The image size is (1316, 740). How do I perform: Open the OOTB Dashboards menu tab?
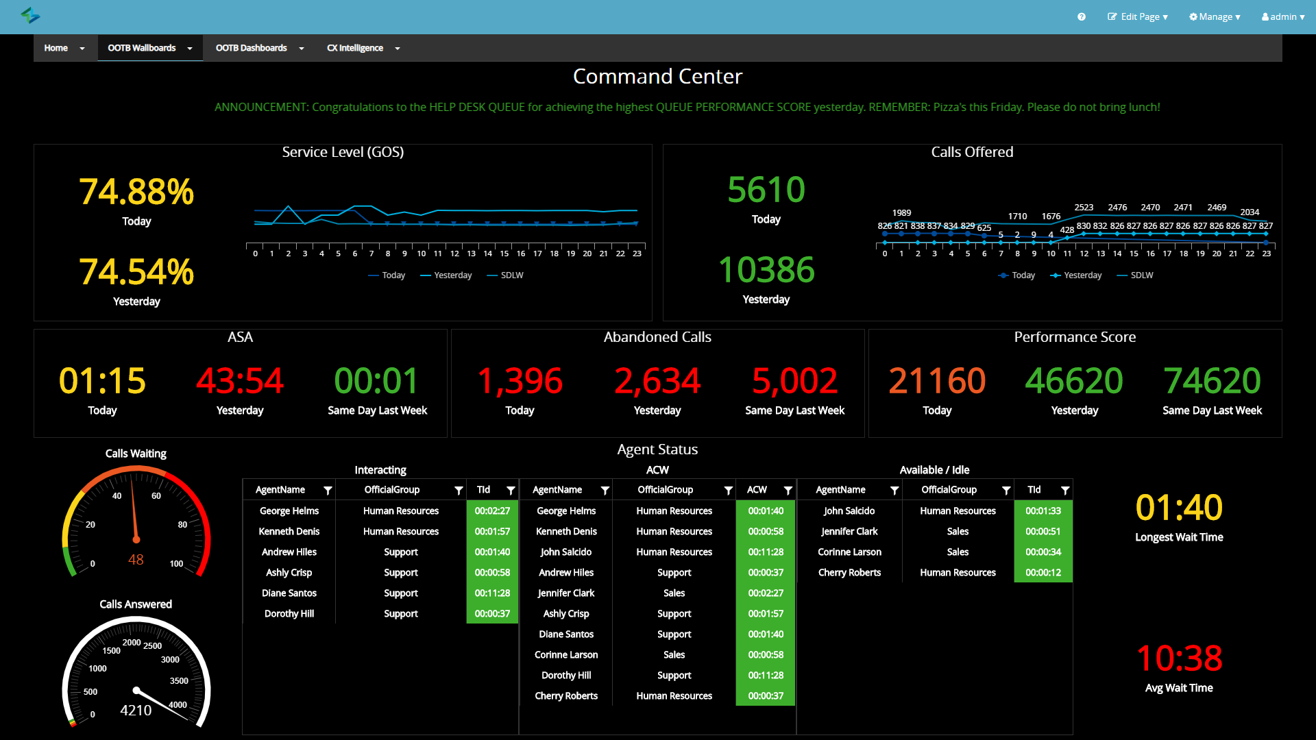pos(252,48)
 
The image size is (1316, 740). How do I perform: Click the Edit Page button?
pos(1138,16)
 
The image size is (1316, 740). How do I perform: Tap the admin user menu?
pos(1282,16)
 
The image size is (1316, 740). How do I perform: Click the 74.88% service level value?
pos(136,192)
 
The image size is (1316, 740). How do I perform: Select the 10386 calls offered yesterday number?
pos(766,270)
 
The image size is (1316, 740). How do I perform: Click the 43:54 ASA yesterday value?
pos(239,381)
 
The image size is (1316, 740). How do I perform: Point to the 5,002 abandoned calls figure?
pos(794,381)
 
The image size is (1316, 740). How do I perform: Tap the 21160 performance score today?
pos(936,381)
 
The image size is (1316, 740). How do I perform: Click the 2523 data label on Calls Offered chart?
pos(1084,207)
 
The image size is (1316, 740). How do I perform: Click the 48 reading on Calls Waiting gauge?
pos(136,560)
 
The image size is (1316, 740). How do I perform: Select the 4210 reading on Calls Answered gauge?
pos(136,711)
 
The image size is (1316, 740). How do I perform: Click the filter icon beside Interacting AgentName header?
pos(328,491)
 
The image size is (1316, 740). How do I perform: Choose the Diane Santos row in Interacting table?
pos(289,593)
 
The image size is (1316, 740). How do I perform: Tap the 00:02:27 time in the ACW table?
pos(766,593)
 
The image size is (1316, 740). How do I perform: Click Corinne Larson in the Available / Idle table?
pos(849,552)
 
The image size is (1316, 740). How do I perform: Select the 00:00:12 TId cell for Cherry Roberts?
pos(1043,573)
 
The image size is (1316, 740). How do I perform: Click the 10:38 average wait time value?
pos(1178,658)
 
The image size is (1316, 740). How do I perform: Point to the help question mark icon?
pos(1081,16)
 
